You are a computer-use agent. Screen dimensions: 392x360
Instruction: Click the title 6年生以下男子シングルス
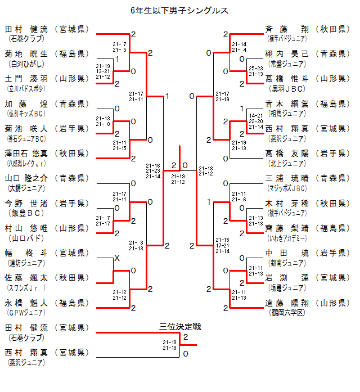[179, 10]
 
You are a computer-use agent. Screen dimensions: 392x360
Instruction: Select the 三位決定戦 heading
[180, 326]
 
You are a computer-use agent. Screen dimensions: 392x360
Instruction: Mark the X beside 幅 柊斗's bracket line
[117, 258]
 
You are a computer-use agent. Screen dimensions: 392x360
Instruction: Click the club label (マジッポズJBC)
[286, 188]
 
